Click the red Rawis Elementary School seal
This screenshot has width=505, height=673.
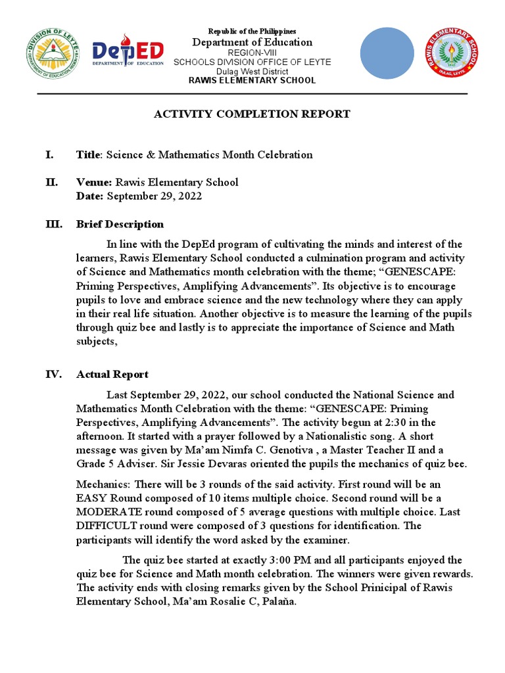[450, 54]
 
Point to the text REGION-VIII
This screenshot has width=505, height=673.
[252, 53]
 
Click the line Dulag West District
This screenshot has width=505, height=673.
[252, 71]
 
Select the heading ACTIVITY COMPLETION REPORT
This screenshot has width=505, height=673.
[252, 114]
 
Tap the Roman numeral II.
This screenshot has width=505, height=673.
[51, 182]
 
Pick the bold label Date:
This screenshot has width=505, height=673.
[90, 196]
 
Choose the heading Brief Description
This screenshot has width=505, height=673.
[120, 224]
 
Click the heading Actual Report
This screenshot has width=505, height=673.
[112, 375]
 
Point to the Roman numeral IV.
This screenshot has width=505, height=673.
[53, 375]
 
